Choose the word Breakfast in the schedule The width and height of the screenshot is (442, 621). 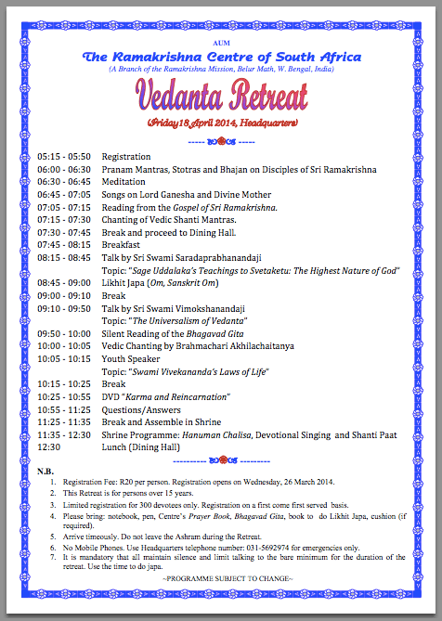122,244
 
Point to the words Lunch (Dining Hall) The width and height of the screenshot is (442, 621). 140,446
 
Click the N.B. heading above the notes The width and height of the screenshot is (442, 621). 45,472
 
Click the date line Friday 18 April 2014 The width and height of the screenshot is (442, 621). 221,123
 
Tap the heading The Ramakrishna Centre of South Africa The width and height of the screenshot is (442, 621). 221,58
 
